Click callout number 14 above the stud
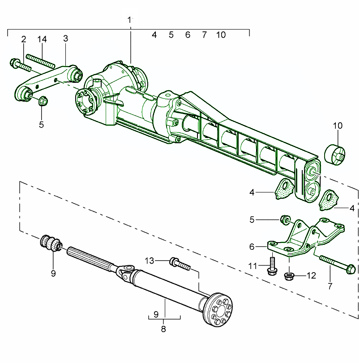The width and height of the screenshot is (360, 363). (42, 39)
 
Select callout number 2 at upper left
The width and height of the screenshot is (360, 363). (24, 39)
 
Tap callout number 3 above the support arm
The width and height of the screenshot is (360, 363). (65, 38)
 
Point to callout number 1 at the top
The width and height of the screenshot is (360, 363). (129, 20)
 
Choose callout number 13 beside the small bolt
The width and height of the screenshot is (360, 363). (150, 261)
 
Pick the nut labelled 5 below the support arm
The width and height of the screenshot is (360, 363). (43, 101)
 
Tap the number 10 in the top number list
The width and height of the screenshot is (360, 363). (221, 35)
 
